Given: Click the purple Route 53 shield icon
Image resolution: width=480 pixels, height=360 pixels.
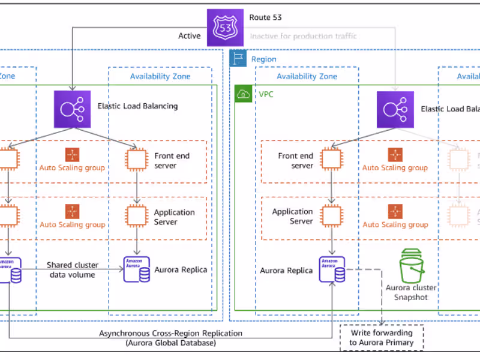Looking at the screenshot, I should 225,28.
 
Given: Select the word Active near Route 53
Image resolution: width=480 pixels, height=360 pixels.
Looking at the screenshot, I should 189,36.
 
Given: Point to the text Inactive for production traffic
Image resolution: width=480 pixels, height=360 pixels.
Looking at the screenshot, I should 303,36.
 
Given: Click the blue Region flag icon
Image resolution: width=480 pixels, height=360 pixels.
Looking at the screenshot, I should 237,58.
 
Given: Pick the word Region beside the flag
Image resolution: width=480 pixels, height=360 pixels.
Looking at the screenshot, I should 264,59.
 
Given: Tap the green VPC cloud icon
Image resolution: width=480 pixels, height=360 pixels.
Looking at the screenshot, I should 243,94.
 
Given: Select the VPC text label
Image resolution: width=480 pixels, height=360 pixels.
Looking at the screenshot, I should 265,94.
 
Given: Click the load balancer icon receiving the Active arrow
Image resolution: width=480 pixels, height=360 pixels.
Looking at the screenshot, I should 72,109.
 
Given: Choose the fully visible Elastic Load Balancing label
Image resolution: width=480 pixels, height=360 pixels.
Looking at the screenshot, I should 137,106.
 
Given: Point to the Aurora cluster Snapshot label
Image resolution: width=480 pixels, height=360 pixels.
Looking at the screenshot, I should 412,292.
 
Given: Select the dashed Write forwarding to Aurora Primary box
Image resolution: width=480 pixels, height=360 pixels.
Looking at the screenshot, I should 381,337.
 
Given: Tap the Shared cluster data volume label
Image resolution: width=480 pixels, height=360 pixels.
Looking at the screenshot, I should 73,270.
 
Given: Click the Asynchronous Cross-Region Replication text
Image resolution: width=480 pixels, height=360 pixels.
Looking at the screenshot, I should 171,333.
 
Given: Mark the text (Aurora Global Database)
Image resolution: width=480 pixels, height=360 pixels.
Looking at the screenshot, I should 170,343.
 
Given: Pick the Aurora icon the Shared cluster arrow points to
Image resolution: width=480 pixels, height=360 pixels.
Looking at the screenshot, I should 137,269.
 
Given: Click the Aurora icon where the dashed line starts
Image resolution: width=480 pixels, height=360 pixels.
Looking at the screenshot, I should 332,270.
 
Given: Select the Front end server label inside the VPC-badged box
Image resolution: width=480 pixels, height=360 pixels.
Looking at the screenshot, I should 295,160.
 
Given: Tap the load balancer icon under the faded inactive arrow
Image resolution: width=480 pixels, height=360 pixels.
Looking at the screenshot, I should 395,109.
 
